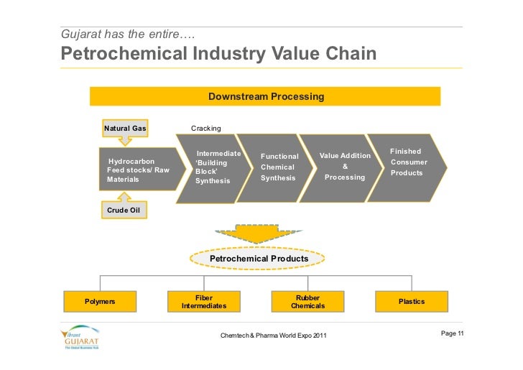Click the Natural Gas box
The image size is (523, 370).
(x=125, y=129)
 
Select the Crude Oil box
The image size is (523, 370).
(x=123, y=210)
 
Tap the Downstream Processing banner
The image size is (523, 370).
(x=265, y=96)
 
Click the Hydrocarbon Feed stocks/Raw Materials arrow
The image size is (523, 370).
(x=140, y=170)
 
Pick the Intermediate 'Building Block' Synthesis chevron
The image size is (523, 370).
(x=216, y=167)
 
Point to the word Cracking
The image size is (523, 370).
(x=205, y=129)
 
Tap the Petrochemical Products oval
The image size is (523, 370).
(x=259, y=259)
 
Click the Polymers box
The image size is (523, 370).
(x=100, y=302)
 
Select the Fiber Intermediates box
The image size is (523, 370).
(x=203, y=302)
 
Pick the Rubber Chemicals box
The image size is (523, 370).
(x=307, y=302)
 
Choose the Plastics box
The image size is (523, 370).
(x=412, y=302)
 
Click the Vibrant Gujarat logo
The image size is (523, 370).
(x=81, y=338)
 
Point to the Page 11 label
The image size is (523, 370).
(x=452, y=333)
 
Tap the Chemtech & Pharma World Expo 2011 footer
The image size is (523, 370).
(x=274, y=336)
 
